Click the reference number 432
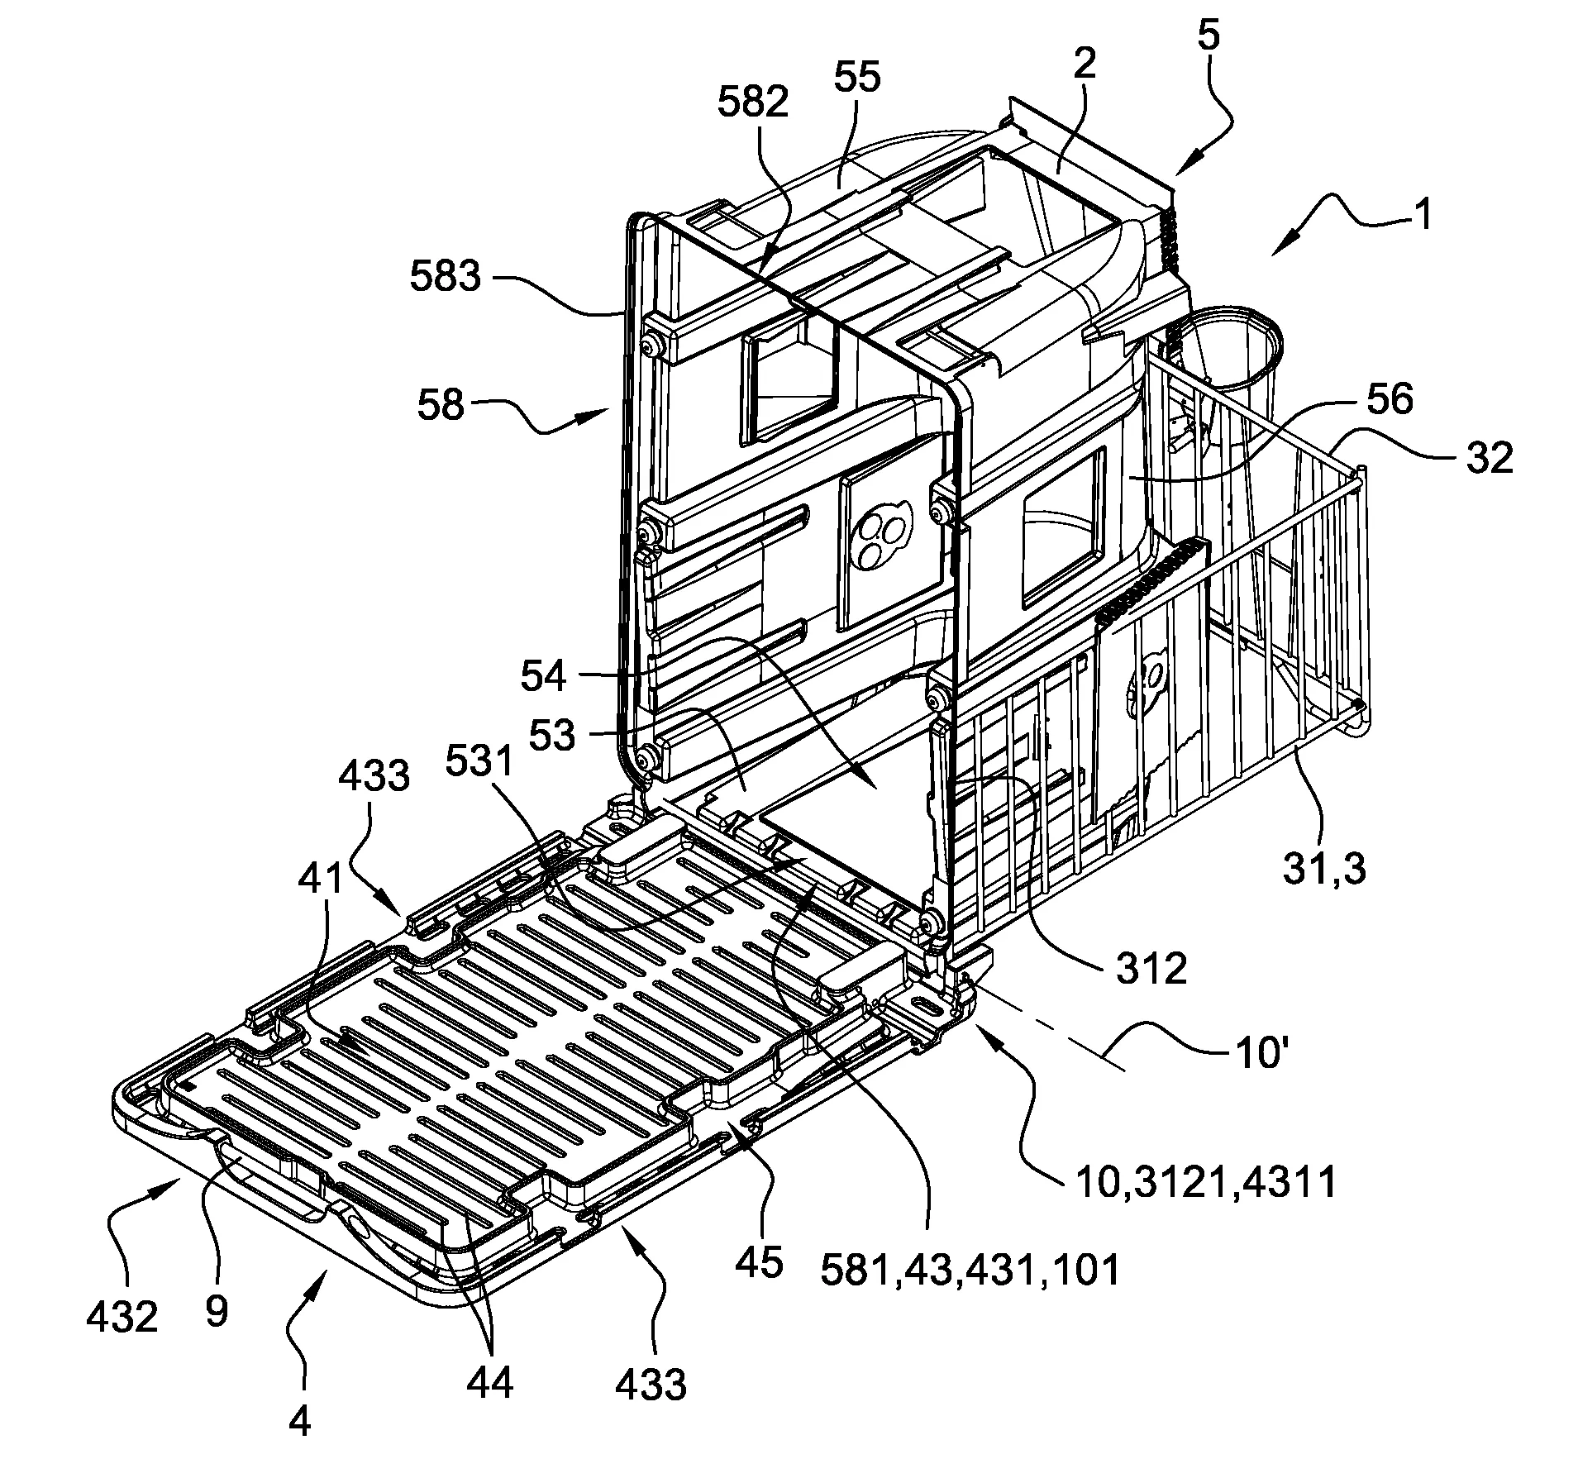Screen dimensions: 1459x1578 (122, 1318)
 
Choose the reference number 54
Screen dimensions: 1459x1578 (544, 676)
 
